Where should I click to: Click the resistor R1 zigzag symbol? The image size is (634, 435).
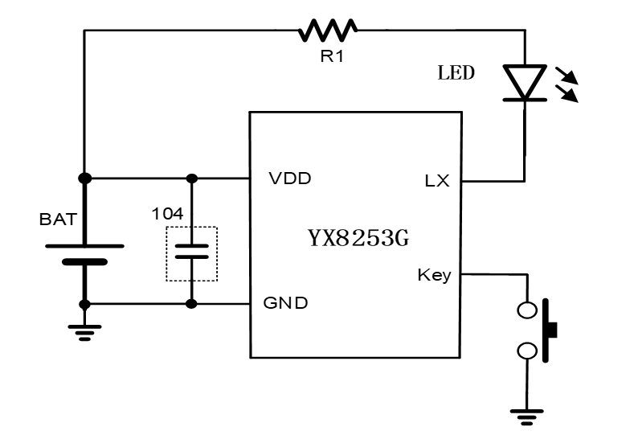[328, 31]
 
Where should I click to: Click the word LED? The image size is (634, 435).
[456, 73]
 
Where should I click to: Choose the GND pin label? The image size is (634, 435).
[285, 303]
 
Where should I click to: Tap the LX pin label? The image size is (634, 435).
[437, 182]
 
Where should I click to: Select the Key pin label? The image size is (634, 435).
[434, 275]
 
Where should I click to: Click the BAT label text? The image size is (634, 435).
[57, 218]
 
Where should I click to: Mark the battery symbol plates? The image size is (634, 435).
[85, 253]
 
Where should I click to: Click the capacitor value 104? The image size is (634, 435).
[167, 214]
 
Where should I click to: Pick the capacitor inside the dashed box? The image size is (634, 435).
[191, 252]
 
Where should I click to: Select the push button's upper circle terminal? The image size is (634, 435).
[527, 309]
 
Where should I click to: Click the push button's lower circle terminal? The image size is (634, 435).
[527, 351]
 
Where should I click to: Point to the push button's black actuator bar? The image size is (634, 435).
[550, 329]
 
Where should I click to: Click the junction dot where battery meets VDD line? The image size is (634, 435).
[85, 178]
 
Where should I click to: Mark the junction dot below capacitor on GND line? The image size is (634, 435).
[191, 304]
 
